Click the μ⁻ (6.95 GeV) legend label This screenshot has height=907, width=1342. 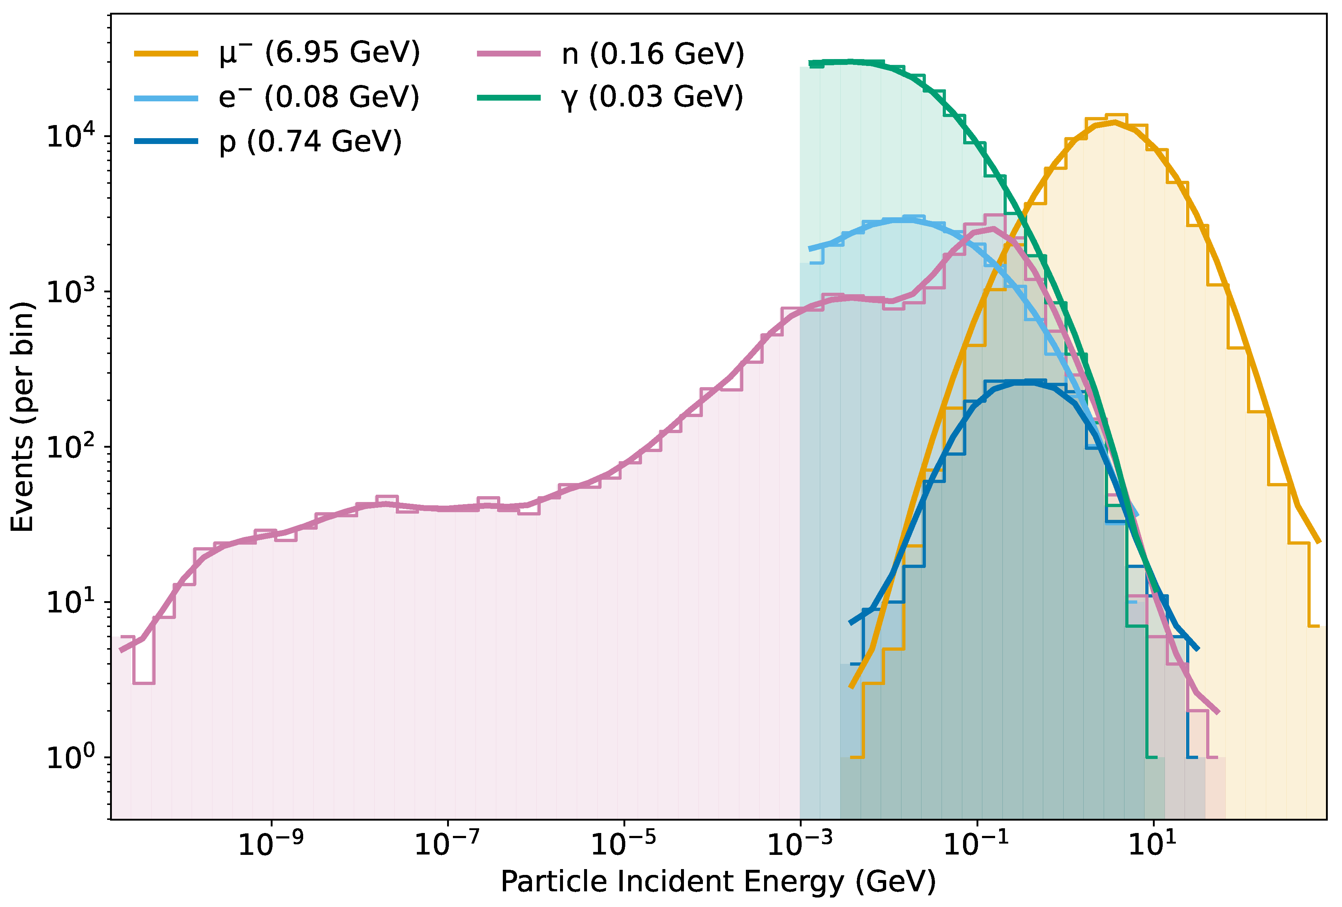pyautogui.click(x=319, y=53)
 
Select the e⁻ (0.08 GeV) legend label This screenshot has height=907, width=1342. pyautogui.click(x=319, y=97)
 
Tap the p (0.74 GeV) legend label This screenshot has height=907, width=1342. pyautogui.click(x=310, y=141)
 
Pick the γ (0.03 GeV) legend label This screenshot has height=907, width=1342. pyautogui.click(x=652, y=97)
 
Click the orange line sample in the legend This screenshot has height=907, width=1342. pyautogui.click(x=166, y=54)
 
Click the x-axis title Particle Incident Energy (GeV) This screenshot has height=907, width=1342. pyautogui.click(x=718, y=882)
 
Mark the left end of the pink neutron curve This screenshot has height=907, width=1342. pyautogui.click(x=121, y=650)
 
